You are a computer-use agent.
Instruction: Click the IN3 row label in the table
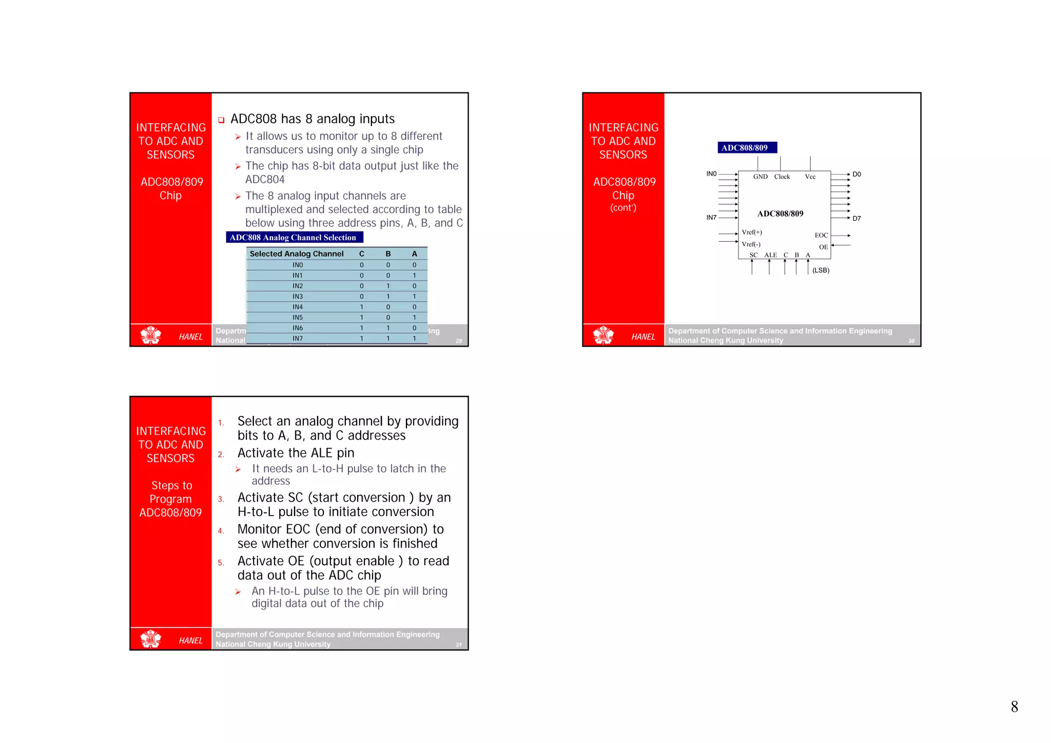pyautogui.click(x=298, y=296)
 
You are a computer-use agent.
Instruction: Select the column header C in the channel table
pyautogui.click(x=361, y=254)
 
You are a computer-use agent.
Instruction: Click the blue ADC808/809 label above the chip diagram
pyautogui.click(x=746, y=147)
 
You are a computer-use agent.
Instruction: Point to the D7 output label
pyautogui.click(x=857, y=218)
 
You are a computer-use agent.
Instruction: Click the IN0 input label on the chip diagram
pyautogui.click(x=711, y=174)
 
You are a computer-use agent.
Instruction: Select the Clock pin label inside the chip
pyautogui.click(x=782, y=177)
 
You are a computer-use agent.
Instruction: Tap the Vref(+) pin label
pyautogui.click(x=751, y=232)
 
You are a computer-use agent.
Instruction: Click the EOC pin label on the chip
pyautogui.click(x=821, y=235)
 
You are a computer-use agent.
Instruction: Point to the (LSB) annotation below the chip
pyautogui.click(x=821, y=270)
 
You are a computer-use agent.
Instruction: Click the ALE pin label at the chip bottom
pyautogui.click(x=770, y=255)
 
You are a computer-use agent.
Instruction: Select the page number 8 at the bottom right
pyautogui.click(x=1014, y=707)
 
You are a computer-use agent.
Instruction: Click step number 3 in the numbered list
pyautogui.click(x=221, y=499)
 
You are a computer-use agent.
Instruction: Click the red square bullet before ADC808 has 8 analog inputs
pyautogui.click(x=221, y=120)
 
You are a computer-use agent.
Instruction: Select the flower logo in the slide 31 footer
pyautogui.click(x=151, y=639)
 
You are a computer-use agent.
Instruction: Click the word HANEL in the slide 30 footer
pyautogui.click(x=643, y=337)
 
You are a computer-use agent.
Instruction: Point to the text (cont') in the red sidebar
pyautogui.click(x=623, y=208)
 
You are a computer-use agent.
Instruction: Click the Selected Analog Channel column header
pyautogui.click(x=296, y=254)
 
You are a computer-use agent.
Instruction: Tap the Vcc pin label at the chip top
pyautogui.click(x=810, y=177)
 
